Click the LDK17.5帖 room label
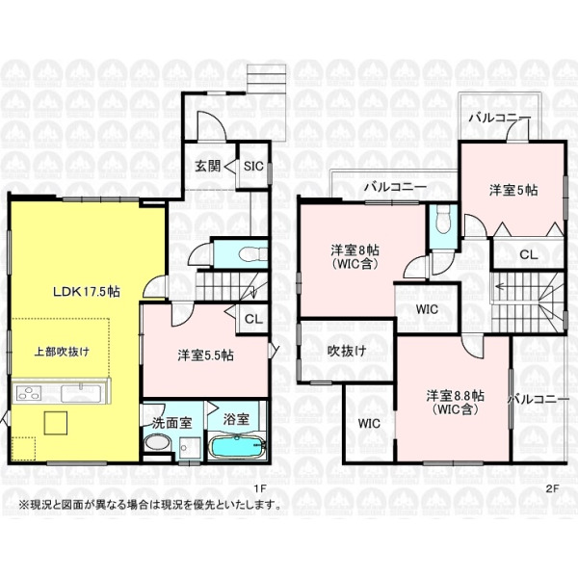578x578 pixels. [87, 292]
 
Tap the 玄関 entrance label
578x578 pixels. [208, 167]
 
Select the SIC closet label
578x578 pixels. [253, 166]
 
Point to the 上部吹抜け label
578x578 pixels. [62, 352]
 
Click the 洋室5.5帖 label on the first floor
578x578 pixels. [205, 355]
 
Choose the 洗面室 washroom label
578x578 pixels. [172, 423]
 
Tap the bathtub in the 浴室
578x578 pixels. [237, 446]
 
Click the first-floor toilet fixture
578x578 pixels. [252, 254]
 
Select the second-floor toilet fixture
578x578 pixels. [443, 219]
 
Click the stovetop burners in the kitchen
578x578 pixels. [28, 393]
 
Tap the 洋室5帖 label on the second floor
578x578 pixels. [513, 190]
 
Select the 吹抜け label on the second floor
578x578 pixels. [347, 351]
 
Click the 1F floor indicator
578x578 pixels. [260, 488]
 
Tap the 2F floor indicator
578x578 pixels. [553, 488]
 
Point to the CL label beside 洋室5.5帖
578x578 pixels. [253, 319]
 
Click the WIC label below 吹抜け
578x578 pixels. [369, 423]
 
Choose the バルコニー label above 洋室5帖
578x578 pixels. [500, 118]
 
